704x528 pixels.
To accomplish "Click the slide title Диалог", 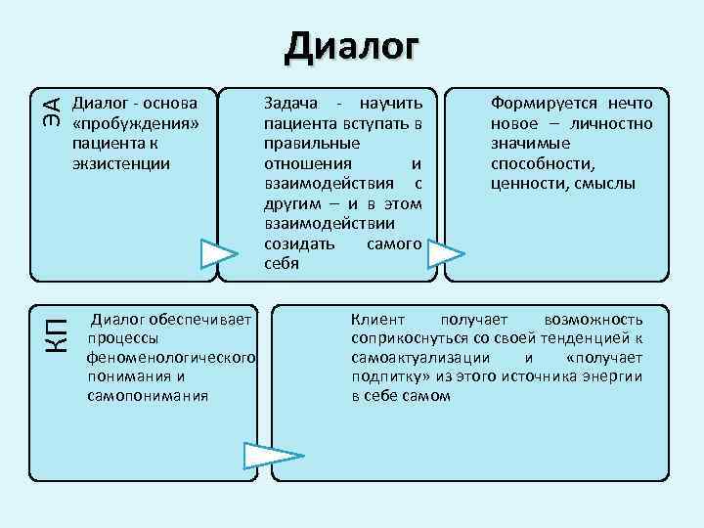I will pos(352,46).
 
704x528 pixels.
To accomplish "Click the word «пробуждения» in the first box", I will pos(136,122).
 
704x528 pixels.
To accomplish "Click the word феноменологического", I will pos(171,357).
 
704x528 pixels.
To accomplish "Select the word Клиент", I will pos(377,319).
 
